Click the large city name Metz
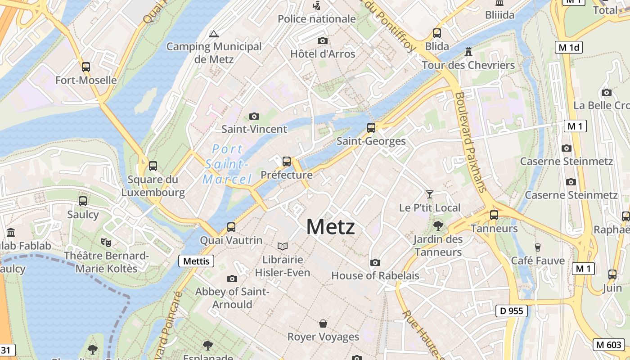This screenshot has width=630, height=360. point(330,226)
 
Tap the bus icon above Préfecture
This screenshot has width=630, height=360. point(287,161)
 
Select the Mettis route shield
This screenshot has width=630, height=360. point(196,261)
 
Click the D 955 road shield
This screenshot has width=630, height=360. point(512,310)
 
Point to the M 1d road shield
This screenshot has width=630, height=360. point(569,47)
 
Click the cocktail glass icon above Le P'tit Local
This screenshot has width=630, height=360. point(430,194)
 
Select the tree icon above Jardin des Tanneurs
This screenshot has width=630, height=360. point(438,226)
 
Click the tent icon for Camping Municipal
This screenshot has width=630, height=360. point(214,33)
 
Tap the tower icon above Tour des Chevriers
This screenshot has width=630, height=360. point(468,51)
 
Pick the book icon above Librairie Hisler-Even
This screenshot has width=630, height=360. point(283,246)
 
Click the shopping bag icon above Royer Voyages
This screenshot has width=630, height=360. point(323,323)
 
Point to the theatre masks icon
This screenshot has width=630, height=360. point(106,242)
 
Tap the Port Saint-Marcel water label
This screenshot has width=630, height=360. point(227,164)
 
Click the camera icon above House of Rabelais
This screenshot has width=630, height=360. point(375,262)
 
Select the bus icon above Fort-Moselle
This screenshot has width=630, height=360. point(86,67)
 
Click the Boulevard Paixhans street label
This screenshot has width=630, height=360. point(470,142)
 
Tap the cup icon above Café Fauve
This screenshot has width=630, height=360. point(537,247)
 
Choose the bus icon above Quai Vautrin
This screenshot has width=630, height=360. point(231,227)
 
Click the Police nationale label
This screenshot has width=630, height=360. point(317,19)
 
